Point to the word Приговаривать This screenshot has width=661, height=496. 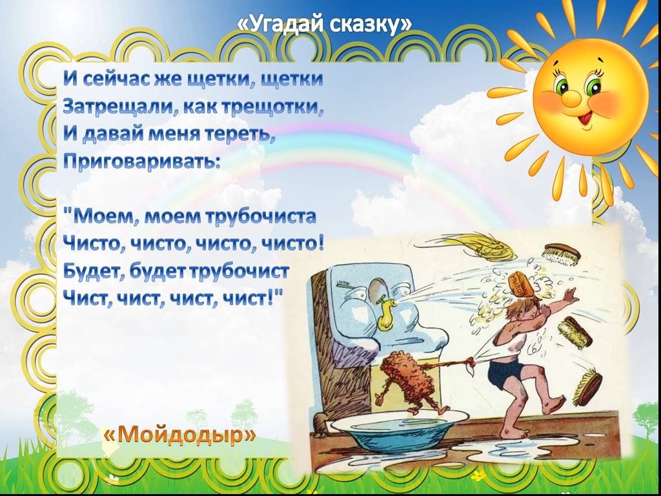point(141,161)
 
